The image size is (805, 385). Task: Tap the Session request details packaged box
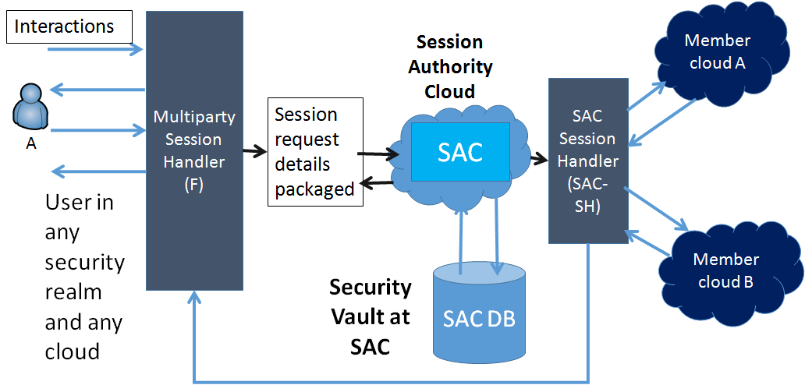click(315, 151)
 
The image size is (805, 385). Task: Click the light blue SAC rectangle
click(460, 151)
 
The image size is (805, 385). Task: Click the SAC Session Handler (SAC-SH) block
click(587, 160)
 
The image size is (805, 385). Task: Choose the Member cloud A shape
click(718, 53)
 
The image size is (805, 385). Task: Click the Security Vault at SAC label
click(370, 316)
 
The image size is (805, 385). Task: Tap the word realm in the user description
click(73, 292)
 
